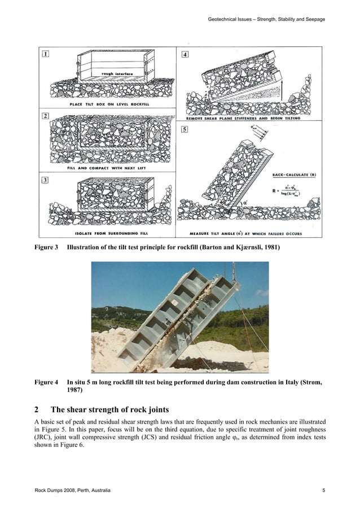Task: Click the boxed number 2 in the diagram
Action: (x=45, y=116)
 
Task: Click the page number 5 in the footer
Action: (x=324, y=490)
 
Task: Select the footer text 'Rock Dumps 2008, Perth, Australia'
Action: (x=73, y=490)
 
